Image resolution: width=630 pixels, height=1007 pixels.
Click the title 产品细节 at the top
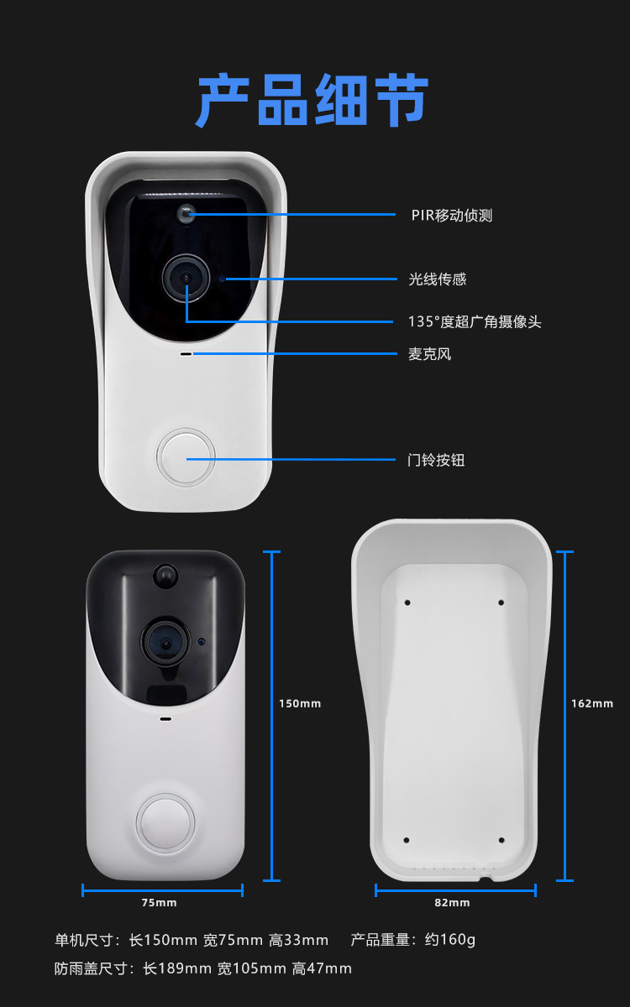[312, 101]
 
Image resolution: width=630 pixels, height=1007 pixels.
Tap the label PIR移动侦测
[451, 216]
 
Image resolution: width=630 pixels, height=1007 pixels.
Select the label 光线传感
[437, 279]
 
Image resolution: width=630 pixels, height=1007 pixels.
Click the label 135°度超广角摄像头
[474, 321]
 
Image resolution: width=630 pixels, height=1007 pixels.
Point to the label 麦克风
[429, 354]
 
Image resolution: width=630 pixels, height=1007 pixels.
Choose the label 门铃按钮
[436, 460]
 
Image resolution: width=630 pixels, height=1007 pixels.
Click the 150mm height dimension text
[300, 703]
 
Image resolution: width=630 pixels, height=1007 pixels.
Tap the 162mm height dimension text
[592, 703]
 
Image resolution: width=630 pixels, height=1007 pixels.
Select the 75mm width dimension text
[159, 903]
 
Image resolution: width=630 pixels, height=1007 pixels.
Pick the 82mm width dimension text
[453, 903]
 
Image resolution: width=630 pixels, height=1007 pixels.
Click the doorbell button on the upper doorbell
[186, 458]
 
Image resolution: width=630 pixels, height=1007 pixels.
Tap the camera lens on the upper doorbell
[186, 278]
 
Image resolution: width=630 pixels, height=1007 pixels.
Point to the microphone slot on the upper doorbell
[186, 353]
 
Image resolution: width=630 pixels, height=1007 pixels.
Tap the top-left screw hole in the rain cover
[407, 603]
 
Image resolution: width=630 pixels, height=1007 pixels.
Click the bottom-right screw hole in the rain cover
[501, 840]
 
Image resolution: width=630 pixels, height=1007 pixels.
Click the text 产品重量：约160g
[412, 940]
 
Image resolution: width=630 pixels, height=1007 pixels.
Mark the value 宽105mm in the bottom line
[251, 969]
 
